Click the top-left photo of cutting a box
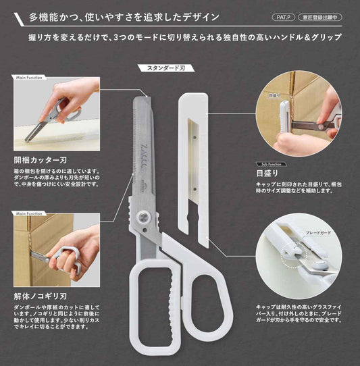56,113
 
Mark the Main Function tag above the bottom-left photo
28,213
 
